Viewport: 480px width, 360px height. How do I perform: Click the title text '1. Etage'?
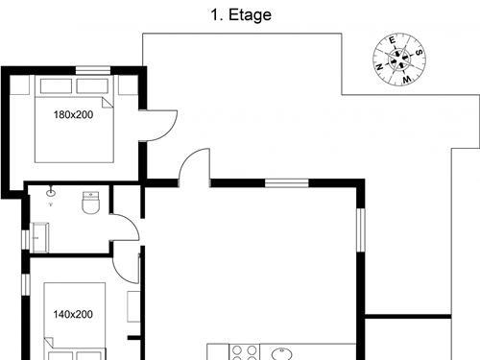(x=240, y=14)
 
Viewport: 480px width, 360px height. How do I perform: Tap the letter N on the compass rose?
(x=381, y=66)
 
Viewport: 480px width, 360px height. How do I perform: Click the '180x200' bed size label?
(x=73, y=114)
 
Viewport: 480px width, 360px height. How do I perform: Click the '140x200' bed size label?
(x=73, y=314)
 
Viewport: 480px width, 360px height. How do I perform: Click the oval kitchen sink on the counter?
(x=284, y=352)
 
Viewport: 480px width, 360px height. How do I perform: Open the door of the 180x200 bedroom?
(x=159, y=126)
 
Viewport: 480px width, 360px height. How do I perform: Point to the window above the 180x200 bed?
(x=92, y=69)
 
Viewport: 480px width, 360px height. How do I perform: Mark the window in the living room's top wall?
(x=286, y=182)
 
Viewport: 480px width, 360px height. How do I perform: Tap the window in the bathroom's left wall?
(x=26, y=241)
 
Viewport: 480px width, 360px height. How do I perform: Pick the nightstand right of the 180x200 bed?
(x=128, y=86)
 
